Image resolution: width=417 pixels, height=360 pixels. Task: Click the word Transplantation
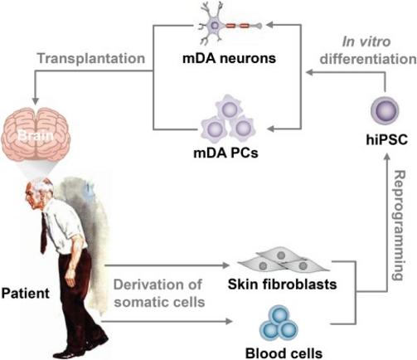click(91, 58)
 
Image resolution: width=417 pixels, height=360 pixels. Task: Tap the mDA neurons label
click(229, 58)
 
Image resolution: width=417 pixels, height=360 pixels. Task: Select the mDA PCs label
click(225, 153)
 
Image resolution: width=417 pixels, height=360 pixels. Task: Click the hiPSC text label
click(386, 139)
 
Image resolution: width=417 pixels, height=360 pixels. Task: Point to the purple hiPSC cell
click(385, 111)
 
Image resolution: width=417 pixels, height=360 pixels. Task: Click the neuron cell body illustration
click(215, 26)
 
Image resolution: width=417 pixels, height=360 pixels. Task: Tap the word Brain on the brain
click(35, 136)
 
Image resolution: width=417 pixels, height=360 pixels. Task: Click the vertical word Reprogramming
click(399, 226)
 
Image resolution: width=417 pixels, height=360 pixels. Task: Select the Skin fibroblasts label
click(282, 285)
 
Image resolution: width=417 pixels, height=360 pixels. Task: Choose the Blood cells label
click(284, 353)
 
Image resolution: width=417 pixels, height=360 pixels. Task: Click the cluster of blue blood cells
click(279, 324)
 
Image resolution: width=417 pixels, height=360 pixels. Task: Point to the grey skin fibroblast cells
click(284, 261)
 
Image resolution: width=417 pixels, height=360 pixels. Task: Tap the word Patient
click(26, 294)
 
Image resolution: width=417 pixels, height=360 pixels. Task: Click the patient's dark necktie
click(43, 233)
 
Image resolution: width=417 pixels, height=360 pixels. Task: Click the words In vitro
click(366, 41)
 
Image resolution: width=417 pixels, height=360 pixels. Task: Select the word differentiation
click(368, 59)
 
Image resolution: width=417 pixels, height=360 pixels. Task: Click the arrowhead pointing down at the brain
click(36, 101)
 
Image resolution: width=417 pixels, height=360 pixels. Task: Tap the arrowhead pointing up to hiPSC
click(387, 157)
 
